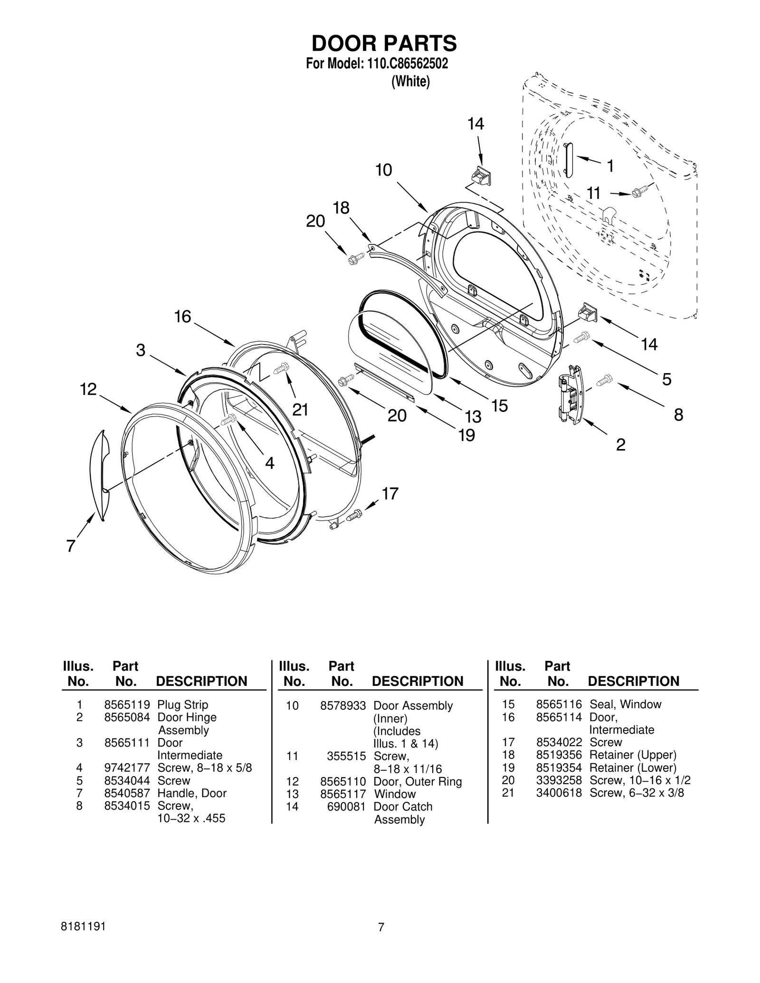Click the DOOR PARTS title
(x=384, y=43)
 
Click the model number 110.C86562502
(x=407, y=64)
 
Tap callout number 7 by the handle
(x=71, y=546)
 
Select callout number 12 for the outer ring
(x=88, y=390)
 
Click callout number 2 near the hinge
(x=620, y=445)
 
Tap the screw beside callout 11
(x=639, y=192)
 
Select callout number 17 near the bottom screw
(x=389, y=494)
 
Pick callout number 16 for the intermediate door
(x=182, y=317)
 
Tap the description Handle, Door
(x=192, y=793)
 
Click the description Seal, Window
(x=625, y=704)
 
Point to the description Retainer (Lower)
(x=633, y=768)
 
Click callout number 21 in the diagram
(x=300, y=409)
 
